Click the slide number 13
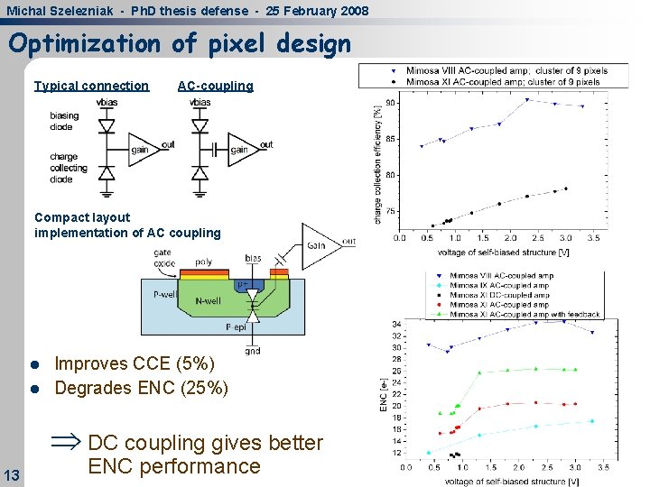pyautogui.click(x=12, y=475)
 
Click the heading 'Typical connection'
pyautogui.click(x=91, y=86)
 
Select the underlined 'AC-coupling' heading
pyautogui.click(x=215, y=86)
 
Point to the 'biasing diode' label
pyautogui.click(x=64, y=121)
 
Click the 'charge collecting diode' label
pyautogui.click(x=69, y=168)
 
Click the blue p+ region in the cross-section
pyautogui.click(x=243, y=284)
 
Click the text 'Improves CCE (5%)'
pyautogui.click(x=135, y=363)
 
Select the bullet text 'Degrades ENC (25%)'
pyautogui.click(x=141, y=389)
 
